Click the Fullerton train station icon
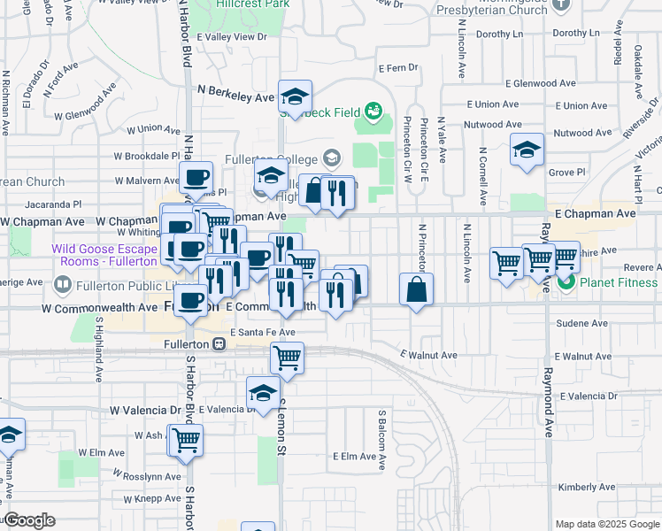[x=218, y=343]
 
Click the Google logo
[x=28, y=520]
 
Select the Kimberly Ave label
[x=580, y=488]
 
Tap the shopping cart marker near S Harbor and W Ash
[x=186, y=439]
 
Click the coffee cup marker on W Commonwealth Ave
[x=190, y=300]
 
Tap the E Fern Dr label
[x=396, y=67]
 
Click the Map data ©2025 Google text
[x=607, y=524]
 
